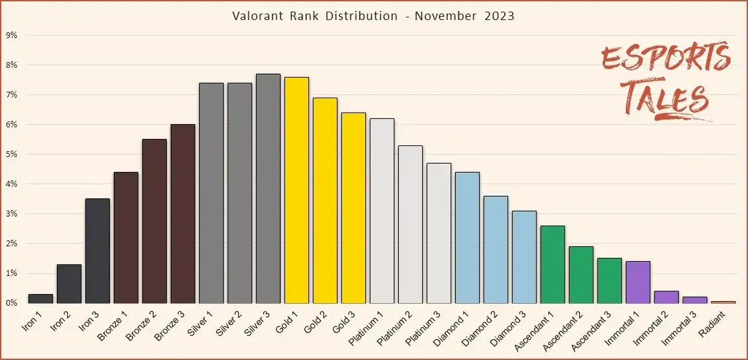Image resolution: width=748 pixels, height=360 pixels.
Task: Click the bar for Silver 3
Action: (268, 189)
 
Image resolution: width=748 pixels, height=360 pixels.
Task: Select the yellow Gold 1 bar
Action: (297, 190)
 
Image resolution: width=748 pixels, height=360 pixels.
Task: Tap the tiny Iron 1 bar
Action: (41, 299)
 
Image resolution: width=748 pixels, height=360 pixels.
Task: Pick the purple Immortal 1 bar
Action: (638, 282)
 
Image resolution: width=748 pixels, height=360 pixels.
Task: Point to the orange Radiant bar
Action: (723, 302)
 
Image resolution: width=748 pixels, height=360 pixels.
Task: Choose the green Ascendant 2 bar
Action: (581, 275)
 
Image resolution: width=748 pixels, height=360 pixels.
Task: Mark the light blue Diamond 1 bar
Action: (467, 238)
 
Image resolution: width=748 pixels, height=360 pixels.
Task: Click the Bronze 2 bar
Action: (155, 221)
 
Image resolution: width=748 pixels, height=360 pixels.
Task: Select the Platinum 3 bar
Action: (439, 233)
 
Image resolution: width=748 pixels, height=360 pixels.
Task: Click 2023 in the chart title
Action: (500, 16)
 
